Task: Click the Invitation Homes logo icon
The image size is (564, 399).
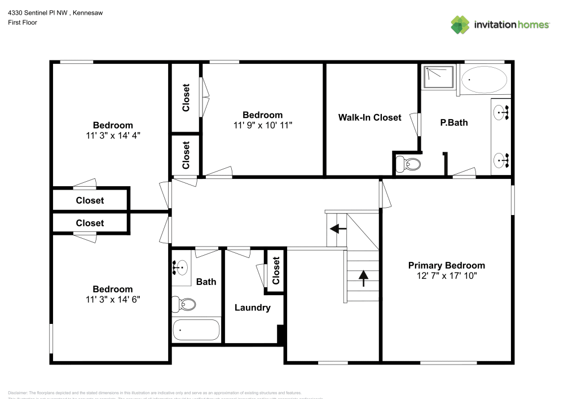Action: pyautogui.click(x=460, y=24)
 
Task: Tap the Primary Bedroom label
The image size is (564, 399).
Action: pyautogui.click(x=446, y=265)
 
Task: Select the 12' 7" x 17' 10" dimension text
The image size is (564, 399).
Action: pyautogui.click(x=446, y=275)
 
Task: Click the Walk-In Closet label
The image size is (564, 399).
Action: pyautogui.click(x=369, y=117)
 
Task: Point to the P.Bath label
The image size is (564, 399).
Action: pyautogui.click(x=454, y=122)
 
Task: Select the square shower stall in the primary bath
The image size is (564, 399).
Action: pyautogui.click(x=438, y=77)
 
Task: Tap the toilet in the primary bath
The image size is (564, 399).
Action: pyautogui.click(x=408, y=164)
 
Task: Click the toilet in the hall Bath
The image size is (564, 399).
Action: pyautogui.click(x=185, y=304)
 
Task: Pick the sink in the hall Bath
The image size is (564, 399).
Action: pyautogui.click(x=182, y=267)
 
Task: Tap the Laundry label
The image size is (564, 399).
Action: pyautogui.click(x=252, y=308)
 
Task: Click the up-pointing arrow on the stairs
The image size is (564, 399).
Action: pyautogui.click(x=363, y=277)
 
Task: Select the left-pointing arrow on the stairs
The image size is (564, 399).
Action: pyautogui.click(x=338, y=229)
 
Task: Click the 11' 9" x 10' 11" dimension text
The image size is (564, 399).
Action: pyautogui.click(x=262, y=125)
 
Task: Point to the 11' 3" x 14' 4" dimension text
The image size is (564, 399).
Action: pyautogui.click(x=113, y=135)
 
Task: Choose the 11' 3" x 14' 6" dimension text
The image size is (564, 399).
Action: pyautogui.click(x=113, y=300)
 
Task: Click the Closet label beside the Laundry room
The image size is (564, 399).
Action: pyautogui.click(x=276, y=271)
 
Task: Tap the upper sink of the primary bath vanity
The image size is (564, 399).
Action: pyautogui.click(x=501, y=113)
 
